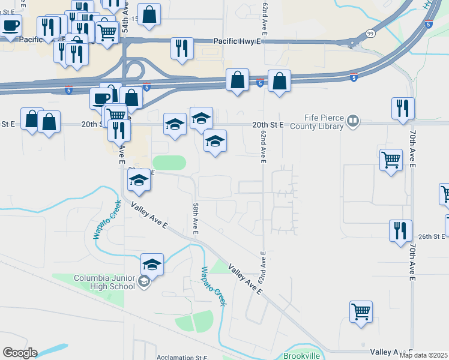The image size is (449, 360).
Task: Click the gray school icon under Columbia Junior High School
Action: click(144, 281)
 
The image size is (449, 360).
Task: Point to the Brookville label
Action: click(309, 355)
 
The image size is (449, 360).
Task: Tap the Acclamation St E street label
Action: click(182, 357)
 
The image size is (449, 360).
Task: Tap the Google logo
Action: click(20, 353)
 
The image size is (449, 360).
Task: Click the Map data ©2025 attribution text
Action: click(423, 355)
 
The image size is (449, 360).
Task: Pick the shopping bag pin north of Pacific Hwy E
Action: click(149, 14)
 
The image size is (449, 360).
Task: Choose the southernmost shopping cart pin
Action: click(361, 311)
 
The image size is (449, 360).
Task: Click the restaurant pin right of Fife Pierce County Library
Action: click(402, 108)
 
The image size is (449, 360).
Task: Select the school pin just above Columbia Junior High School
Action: click(152, 263)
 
